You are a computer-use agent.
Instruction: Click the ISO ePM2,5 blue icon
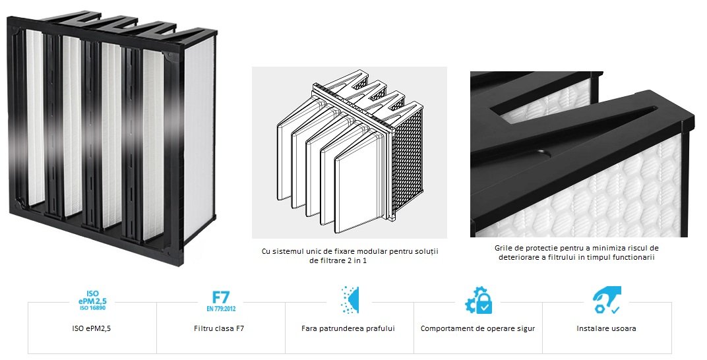(92, 301)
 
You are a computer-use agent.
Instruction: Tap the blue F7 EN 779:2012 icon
(221, 301)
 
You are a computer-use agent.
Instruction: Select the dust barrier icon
(350, 299)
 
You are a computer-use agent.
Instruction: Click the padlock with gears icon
(479, 299)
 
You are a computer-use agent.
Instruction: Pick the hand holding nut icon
(607, 299)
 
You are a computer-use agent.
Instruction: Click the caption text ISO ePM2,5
(92, 328)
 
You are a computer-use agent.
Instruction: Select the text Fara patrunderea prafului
(348, 328)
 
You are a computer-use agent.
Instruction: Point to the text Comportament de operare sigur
(478, 328)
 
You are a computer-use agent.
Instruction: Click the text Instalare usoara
(607, 328)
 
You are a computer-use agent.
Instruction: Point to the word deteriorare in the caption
(518, 257)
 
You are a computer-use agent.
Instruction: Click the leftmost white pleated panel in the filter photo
(35, 117)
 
